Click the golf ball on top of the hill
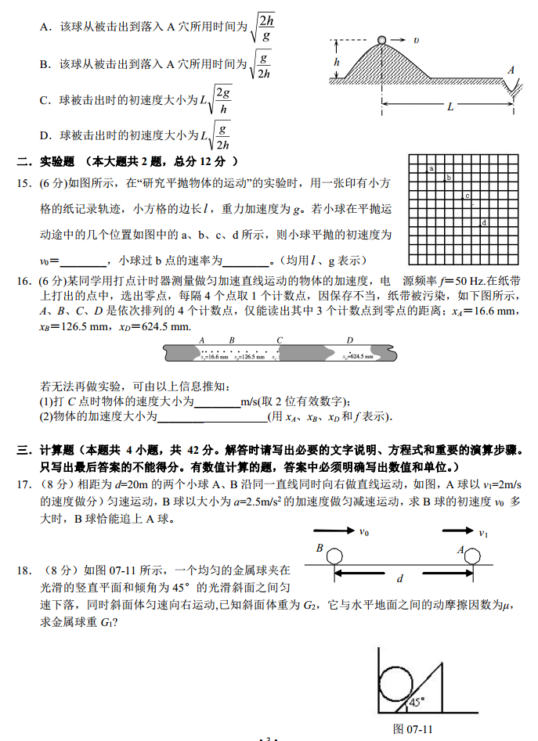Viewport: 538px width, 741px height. pyautogui.click(x=381, y=40)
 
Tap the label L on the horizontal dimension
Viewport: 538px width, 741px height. pyautogui.click(x=450, y=107)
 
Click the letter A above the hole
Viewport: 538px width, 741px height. pyautogui.click(x=511, y=70)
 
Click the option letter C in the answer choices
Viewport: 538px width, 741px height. pyautogui.click(x=45, y=100)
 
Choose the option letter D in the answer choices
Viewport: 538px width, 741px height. pyautogui.click(x=45, y=135)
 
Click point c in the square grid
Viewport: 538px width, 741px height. pyautogui.click(x=467, y=196)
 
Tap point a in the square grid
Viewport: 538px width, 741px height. pyautogui.click(x=431, y=168)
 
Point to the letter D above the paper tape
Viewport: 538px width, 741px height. pyautogui.click(x=350, y=340)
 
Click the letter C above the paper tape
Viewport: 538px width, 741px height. pyautogui.click(x=280, y=340)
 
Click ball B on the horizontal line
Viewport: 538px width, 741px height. pyautogui.click(x=334, y=556)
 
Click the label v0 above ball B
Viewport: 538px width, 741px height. pyautogui.click(x=364, y=532)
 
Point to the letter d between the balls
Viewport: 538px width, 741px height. pyautogui.click(x=400, y=579)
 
